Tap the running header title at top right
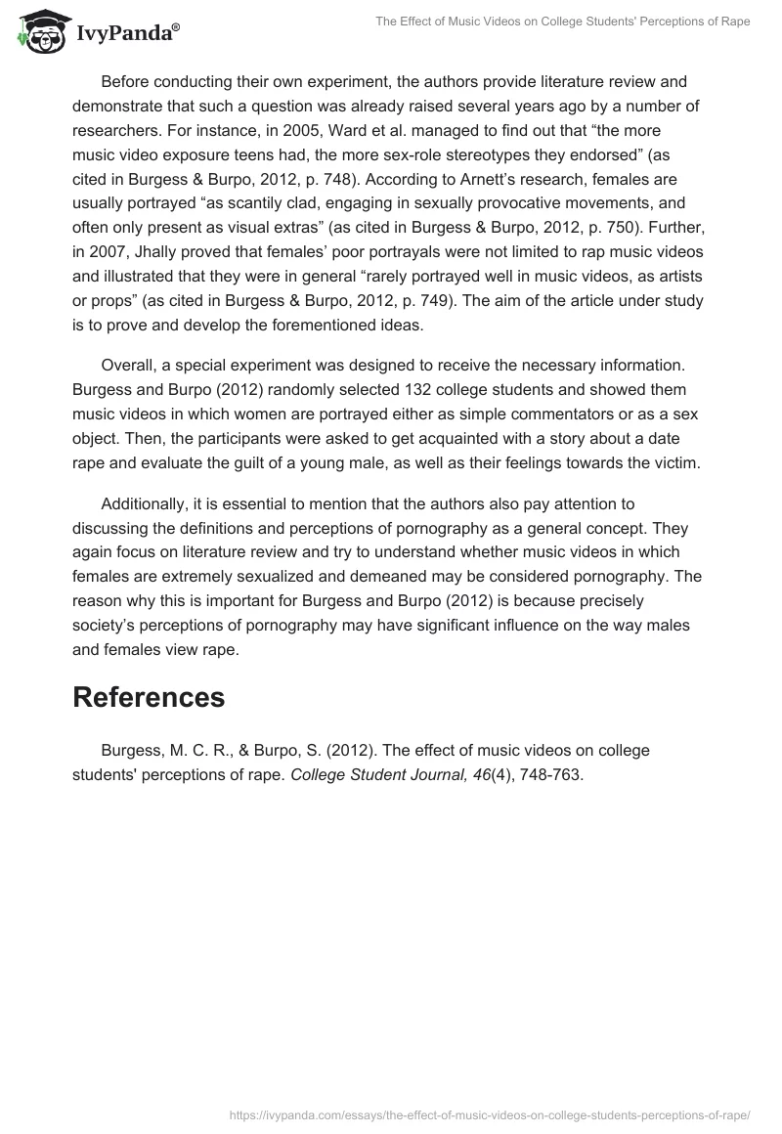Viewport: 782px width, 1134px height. (563, 22)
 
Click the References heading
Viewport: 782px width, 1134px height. (149, 697)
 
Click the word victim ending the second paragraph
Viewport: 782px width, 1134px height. (674, 463)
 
